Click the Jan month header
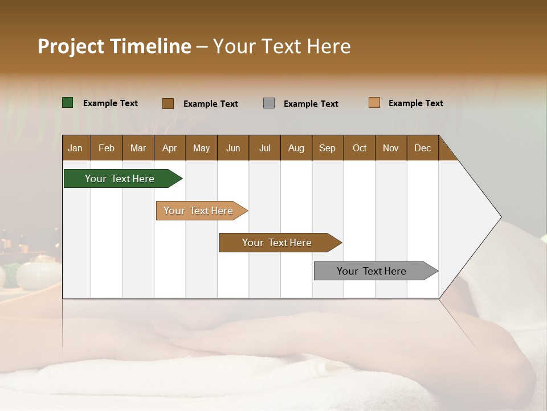pos(75,148)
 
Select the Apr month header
pos(169,148)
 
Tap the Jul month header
pos(264,148)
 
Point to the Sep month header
pos(327,148)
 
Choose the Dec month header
pos(422,148)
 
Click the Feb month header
pos(107,148)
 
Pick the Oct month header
pos(360,148)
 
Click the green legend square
pos(68,103)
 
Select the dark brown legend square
pos(168,103)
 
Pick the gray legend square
pos(269,103)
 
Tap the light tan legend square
pos(374,103)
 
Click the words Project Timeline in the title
pos(114,46)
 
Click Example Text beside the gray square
pos(311,104)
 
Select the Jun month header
pos(233,148)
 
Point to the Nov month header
pos(391,148)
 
